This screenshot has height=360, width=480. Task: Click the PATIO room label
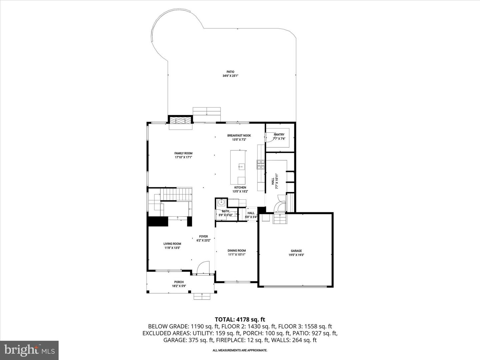point(230,72)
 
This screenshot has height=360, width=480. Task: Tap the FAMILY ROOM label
point(183,153)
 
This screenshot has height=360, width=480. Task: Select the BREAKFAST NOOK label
point(239,136)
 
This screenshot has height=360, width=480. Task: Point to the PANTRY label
point(279,135)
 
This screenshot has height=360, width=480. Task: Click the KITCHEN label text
point(240,187)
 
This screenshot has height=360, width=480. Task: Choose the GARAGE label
point(296,251)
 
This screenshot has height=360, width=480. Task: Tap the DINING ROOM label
point(237,250)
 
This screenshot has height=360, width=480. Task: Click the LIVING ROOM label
point(172,244)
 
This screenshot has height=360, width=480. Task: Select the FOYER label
point(203,236)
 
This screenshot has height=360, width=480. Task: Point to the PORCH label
point(179,282)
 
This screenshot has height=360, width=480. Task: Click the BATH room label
point(225,211)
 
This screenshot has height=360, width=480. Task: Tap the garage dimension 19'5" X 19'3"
point(296,255)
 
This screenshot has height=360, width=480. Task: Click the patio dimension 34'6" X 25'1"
point(230,76)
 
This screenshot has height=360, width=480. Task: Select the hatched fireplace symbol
point(180,120)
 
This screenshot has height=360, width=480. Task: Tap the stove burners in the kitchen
point(261,165)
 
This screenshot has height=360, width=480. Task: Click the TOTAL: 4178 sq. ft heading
point(240,320)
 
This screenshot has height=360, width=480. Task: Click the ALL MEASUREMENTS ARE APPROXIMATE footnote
point(240,350)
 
